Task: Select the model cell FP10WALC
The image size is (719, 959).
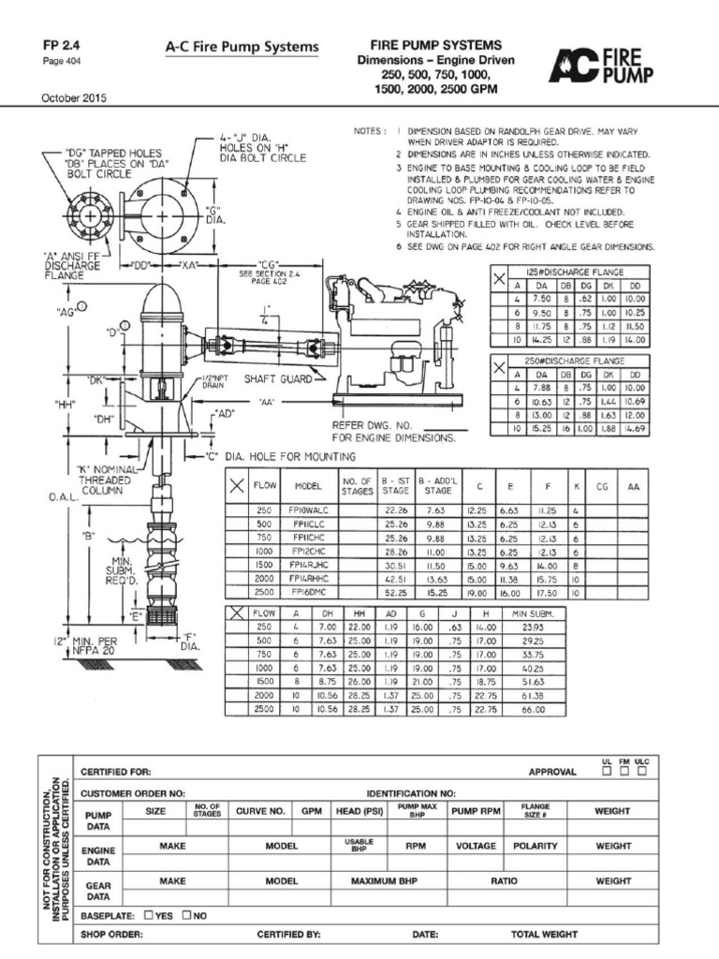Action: tap(308, 509)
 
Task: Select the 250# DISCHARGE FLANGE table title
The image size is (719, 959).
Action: tap(573, 359)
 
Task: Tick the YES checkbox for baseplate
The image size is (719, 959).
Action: tap(149, 914)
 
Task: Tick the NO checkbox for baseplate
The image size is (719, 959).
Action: tap(187, 914)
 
